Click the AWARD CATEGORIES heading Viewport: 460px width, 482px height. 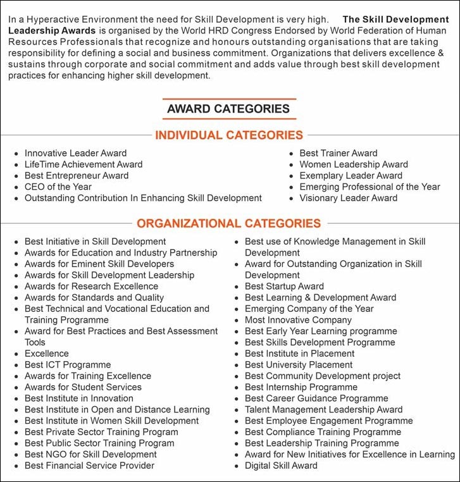[228, 109]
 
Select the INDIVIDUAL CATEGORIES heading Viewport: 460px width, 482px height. [229, 135]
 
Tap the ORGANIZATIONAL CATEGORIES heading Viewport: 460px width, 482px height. [229, 223]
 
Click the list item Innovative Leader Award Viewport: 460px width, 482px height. [75, 153]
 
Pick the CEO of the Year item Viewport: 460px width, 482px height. [58, 187]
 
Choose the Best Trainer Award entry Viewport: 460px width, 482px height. [339, 153]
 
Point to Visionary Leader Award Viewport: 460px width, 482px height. [349, 198]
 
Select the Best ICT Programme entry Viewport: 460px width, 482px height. [68, 365]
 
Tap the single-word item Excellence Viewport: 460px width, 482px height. [47, 354]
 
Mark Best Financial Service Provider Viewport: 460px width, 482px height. [89, 466]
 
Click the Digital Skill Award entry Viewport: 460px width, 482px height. [281, 466]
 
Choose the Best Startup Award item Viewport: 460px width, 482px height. [284, 287]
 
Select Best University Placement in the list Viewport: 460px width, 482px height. [299, 365]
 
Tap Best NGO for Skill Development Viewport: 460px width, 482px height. [90, 454]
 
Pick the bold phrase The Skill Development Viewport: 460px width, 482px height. [395, 20]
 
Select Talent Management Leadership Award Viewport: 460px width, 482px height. [323, 409]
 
